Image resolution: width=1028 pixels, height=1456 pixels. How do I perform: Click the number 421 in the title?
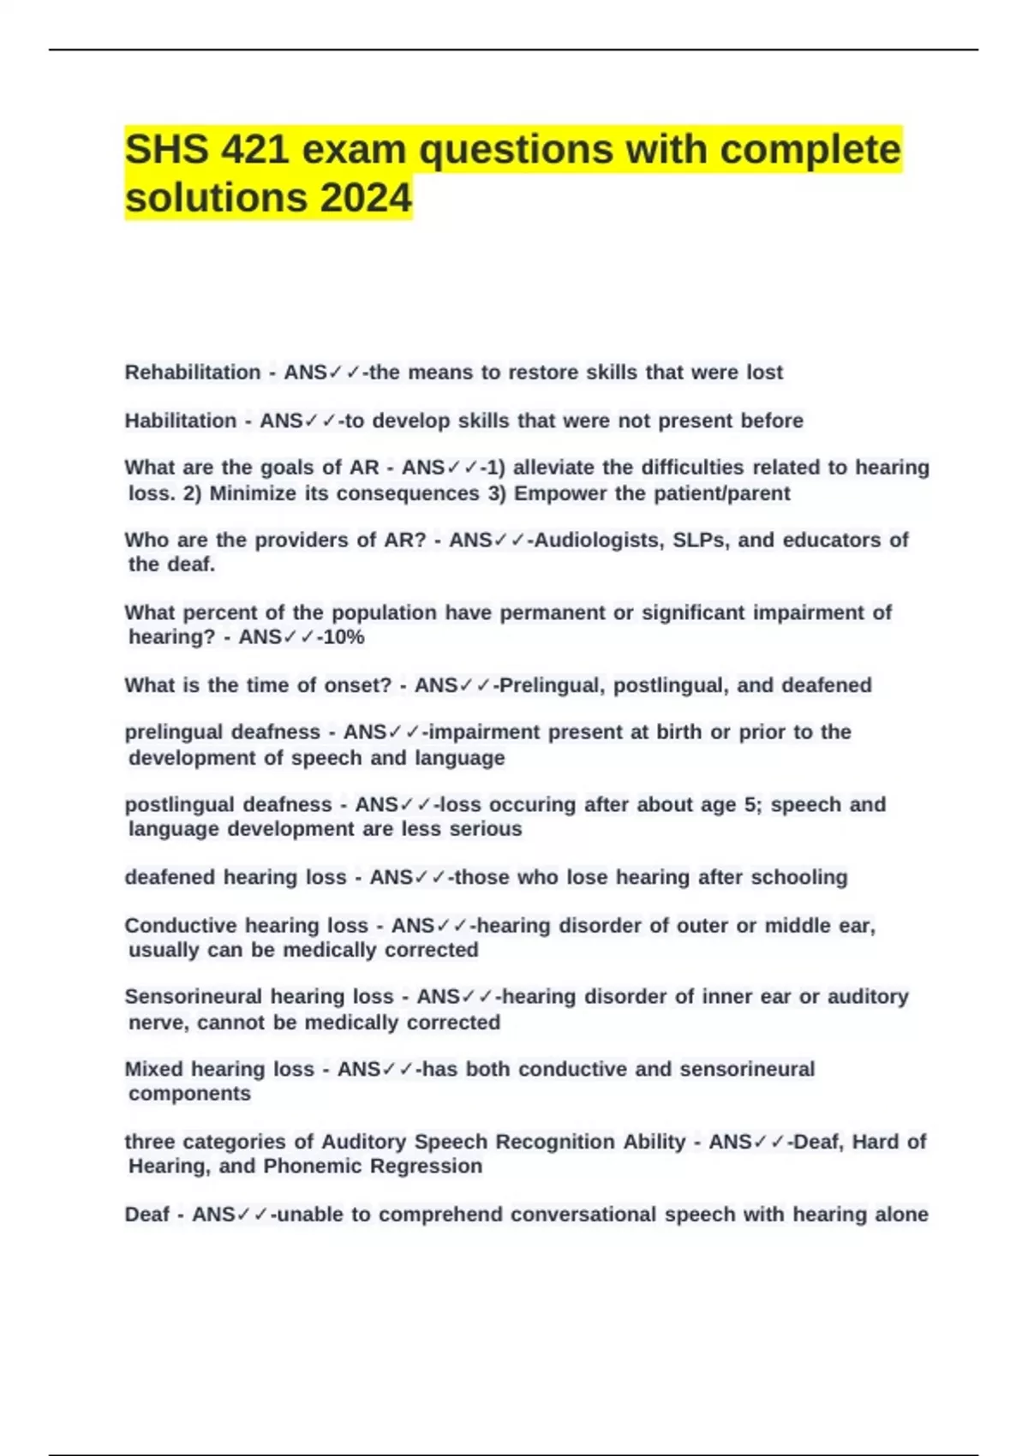point(254,150)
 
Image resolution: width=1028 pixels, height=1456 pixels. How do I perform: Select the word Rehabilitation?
point(193,373)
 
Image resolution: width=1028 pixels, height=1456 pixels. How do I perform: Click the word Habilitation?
point(181,421)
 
